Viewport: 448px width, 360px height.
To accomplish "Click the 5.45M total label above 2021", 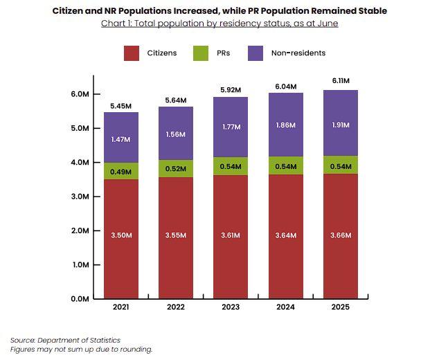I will (121, 107).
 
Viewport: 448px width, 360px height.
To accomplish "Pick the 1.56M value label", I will (176, 134).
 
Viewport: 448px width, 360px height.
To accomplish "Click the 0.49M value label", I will (121, 172).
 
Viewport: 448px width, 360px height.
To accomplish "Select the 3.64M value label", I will (285, 235).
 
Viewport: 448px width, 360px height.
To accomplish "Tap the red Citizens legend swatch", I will (133, 53).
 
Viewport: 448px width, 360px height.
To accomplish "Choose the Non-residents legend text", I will (299, 53).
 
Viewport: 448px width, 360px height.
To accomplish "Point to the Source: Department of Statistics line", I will (65, 340).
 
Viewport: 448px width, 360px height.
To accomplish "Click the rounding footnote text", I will (81, 350).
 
